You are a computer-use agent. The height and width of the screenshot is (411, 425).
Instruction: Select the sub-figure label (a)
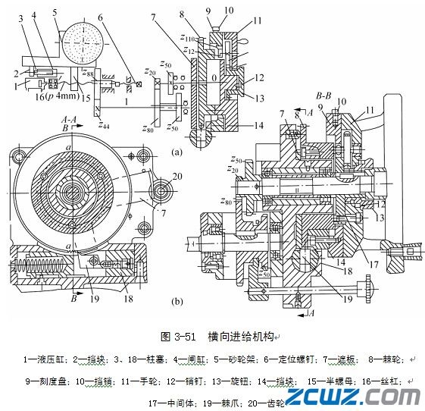(177, 151)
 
